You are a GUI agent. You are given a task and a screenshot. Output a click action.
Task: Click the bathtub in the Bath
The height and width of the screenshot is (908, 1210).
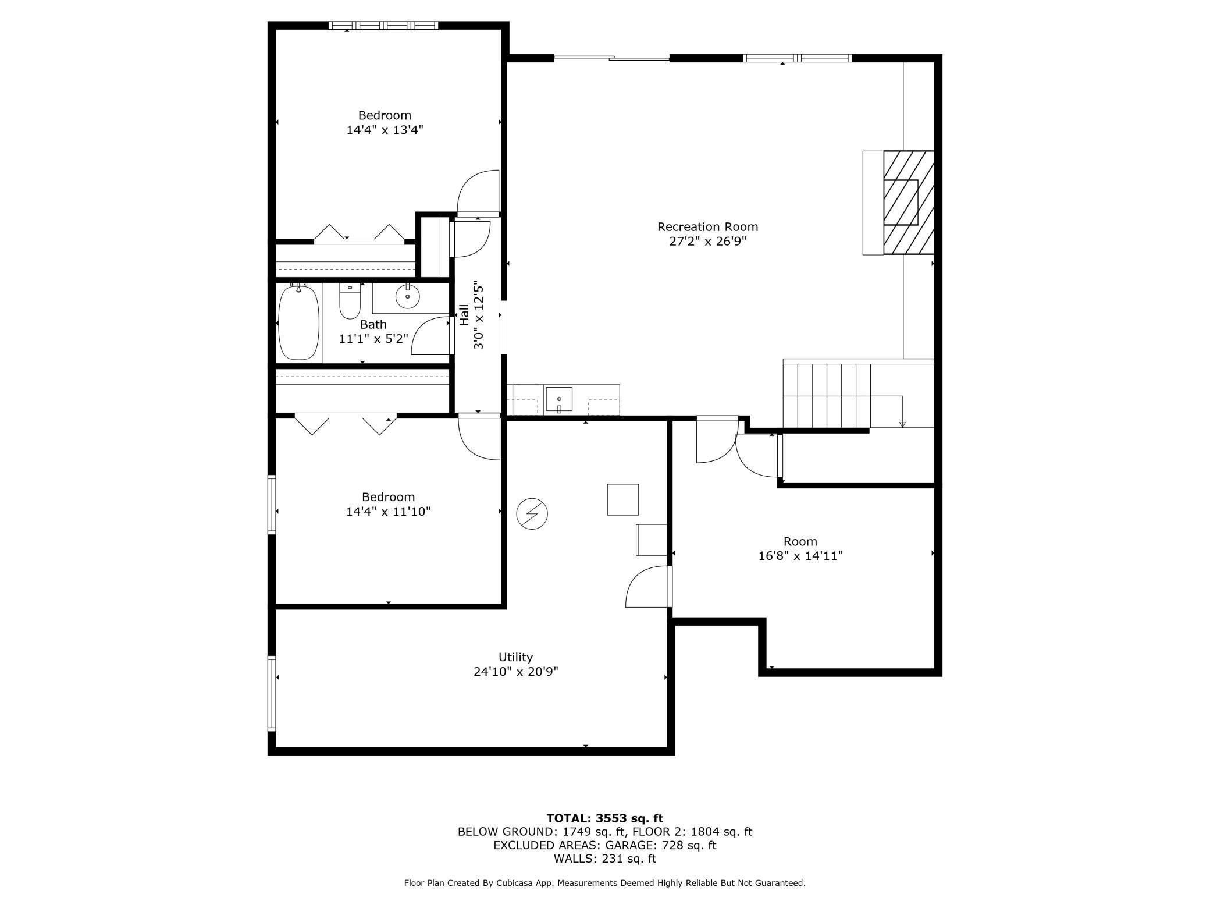pyautogui.click(x=299, y=322)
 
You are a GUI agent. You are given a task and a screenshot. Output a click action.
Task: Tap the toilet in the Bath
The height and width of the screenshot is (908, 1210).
pyautogui.click(x=350, y=301)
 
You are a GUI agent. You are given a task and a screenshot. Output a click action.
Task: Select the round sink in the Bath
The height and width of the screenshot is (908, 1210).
pyautogui.click(x=407, y=297)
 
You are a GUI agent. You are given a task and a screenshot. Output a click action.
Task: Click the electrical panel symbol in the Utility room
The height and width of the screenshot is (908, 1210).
pyautogui.click(x=532, y=514)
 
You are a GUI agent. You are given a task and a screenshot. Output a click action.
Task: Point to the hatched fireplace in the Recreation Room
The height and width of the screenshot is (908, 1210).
pyautogui.click(x=909, y=203)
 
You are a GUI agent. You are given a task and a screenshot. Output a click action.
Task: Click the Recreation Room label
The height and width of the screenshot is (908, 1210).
pyautogui.click(x=707, y=227)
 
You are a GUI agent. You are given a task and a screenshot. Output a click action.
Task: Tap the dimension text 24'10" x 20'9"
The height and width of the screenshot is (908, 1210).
pyautogui.click(x=516, y=672)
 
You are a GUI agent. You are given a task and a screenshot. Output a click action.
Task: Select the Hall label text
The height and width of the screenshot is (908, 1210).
pyautogui.click(x=464, y=315)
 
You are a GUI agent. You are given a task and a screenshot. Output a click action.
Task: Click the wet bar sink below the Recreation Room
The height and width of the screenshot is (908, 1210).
pyautogui.click(x=558, y=400)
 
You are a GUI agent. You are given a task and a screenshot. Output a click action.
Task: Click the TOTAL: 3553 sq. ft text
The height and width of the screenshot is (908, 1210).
pyautogui.click(x=605, y=818)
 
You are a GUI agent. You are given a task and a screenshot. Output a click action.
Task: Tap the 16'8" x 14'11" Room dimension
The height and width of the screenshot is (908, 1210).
pyautogui.click(x=800, y=556)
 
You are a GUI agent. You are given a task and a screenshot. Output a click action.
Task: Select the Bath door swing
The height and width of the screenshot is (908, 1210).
pyautogui.click(x=432, y=336)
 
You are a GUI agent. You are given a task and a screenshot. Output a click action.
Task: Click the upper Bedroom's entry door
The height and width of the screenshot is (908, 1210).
pyautogui.click(x=478, y=193)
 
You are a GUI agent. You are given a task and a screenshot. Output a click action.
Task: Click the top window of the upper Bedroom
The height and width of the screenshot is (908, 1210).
pyautogui.click(x=383, y=25)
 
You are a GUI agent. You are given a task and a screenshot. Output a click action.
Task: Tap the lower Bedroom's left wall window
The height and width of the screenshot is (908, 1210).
pyautogui.click(x=272, y=505)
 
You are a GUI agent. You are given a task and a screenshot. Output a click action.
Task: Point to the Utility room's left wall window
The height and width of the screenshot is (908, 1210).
pyautogui.click(x=272, y=693)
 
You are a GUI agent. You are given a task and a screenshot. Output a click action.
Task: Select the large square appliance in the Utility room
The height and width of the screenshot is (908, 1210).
pyautogui.click(x=623, y=499)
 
